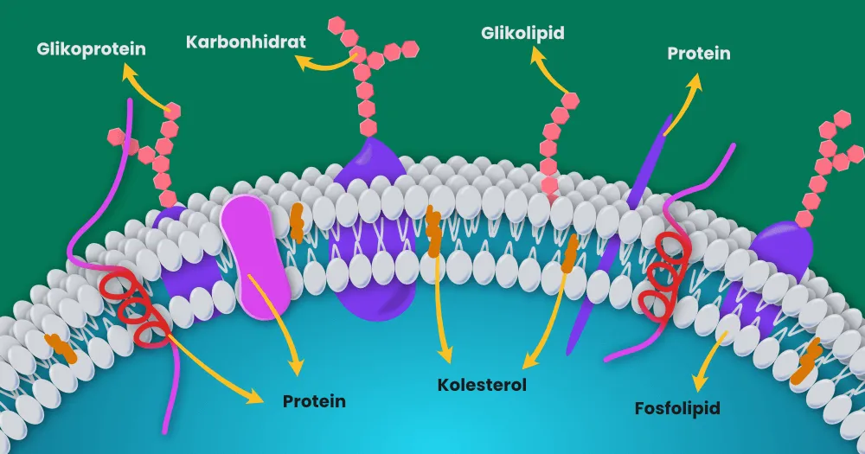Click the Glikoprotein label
[91, 49]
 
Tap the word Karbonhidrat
[246, 42]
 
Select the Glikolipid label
[522, 33]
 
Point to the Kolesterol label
[482, 385]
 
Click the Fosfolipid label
[677, 408]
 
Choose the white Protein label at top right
[699, 54]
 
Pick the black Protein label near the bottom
[315, 401]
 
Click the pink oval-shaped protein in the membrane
[255, 257]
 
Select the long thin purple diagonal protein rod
[619, 234]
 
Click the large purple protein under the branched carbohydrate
[372, 229]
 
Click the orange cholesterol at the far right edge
[806, 361]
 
